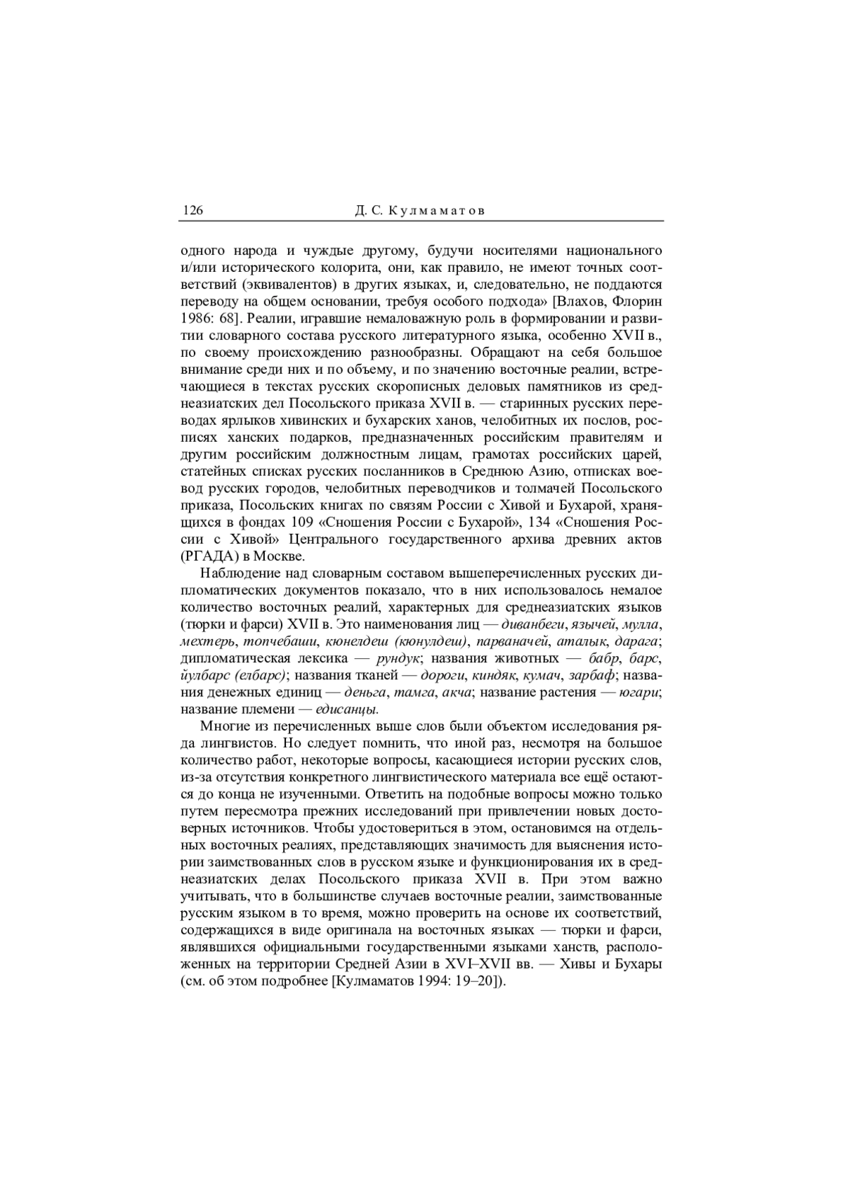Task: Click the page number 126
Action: (192, 210)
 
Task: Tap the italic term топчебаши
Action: (287, 641)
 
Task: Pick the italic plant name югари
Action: (639, 693)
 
